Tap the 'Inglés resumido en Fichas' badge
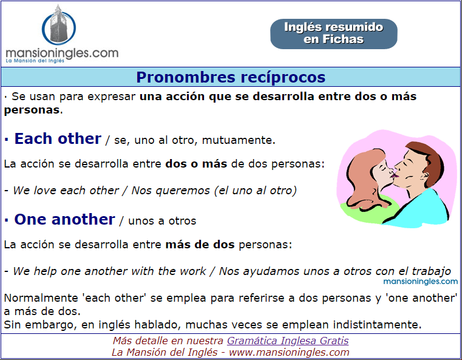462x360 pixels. (333, 33)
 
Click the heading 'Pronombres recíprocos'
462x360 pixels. (231, 77)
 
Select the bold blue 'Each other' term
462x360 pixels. (58, 138)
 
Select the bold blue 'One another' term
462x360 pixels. (64, 219)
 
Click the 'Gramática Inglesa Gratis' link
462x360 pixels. (288, 341)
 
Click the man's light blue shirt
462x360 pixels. (421, 209)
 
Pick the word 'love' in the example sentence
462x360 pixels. (45, 191)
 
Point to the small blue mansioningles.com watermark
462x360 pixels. (421, 281)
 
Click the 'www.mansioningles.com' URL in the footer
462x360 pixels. (289, 352)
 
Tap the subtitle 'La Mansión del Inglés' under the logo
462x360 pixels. (35, 61)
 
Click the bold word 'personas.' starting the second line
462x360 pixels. (32, 110)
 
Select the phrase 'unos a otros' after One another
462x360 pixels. (162, 221)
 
